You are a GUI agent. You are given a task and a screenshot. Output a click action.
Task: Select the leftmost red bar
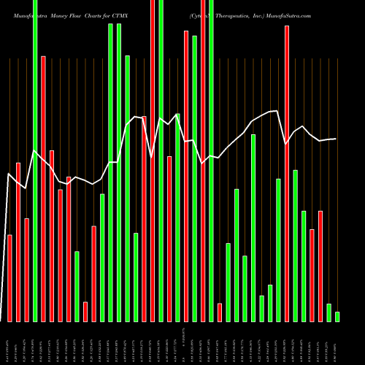click(x=9, y=278)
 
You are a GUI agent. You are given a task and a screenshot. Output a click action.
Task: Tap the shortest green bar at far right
click(x=337, y=317)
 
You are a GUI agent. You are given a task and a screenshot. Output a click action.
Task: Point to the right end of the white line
click(x=336, y=139)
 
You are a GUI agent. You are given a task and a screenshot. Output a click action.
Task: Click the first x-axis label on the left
click(x=9, y=343)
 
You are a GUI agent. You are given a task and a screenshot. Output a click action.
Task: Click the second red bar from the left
click(x=18, y=242)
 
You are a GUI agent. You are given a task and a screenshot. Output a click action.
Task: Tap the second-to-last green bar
click(x=328, y=312)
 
